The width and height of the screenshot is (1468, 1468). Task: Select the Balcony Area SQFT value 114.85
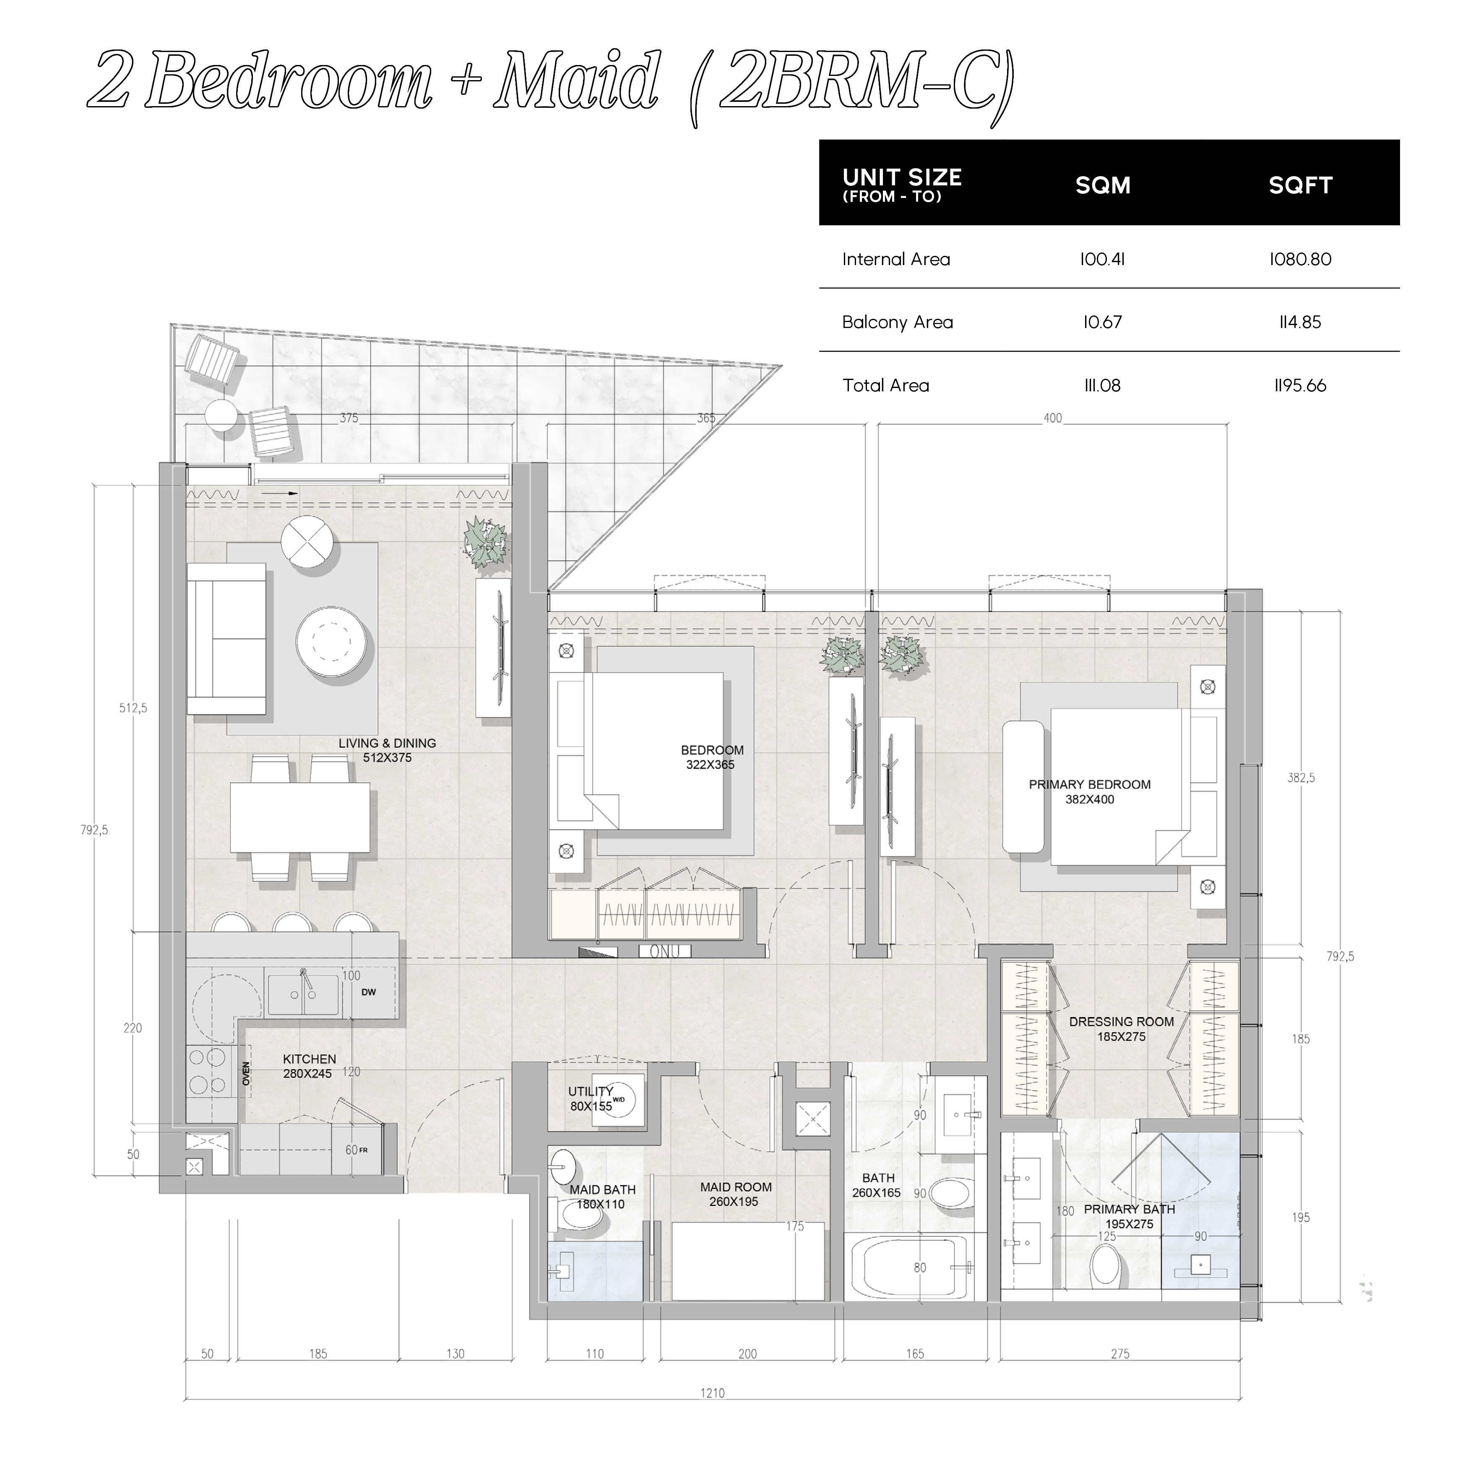point(1300,322)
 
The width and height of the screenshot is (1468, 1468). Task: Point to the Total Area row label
point(885,385)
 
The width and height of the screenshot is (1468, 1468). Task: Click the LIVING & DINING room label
point(388,743)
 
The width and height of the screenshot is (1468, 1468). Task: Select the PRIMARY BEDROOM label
point(1090,784)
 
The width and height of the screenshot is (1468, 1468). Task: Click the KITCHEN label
point(309,1059)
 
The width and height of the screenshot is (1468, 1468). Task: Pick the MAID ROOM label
point(736,1187)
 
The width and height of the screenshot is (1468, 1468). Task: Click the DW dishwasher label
point(369,992)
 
